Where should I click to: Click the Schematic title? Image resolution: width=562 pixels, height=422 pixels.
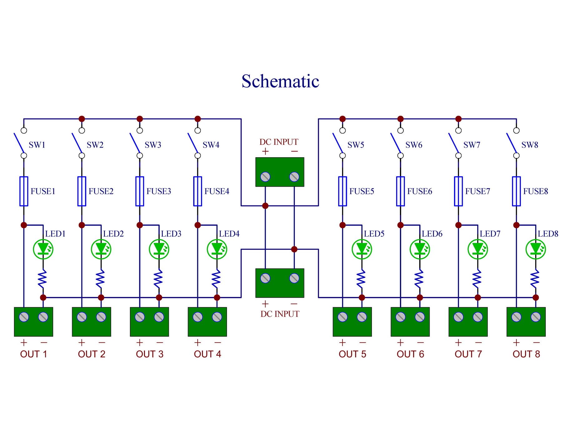pyautogui.click(x=280, y=81)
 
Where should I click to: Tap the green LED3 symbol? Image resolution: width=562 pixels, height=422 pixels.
pyautogui.click(x=159, y=249)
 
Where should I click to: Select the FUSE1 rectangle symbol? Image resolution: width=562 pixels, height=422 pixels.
pyautogui.click(x=24, y=191)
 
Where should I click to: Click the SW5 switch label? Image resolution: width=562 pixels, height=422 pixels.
pyautogui.click(x=356, y=145)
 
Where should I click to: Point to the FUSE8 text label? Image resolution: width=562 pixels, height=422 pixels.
pyautogui.click(x=535, y=191)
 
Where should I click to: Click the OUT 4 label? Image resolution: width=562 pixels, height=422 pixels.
pyautogui.click(x=207, y=354)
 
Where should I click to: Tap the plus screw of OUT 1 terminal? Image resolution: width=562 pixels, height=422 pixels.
pyautogui.click(x=24, y=317)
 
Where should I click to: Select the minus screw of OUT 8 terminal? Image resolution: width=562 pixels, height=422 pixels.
pyautogui.click(x=535, y=317)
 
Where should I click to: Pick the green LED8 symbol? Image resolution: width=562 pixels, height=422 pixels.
pyautogui.click(x=535, y=249)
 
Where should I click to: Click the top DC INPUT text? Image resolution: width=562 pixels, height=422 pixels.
pyautogui.click(x=279, y=142)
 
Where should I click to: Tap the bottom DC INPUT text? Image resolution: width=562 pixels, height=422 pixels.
pyautogui.click(x=280, y=314)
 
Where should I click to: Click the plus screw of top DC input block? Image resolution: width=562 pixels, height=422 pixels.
pyautogui.click(x=265, y=177)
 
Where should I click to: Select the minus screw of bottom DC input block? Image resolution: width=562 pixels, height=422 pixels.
pyautogui.click(x=294, y=278)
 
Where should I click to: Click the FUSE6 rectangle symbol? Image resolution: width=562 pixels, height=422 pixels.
pyautogui.click(x=400, y=191)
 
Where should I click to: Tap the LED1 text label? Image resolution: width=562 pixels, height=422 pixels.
pyautogui.click(x=55, y=234)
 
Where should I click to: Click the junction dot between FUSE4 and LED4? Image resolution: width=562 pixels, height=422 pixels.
pyautogui.click(x=198, y=225)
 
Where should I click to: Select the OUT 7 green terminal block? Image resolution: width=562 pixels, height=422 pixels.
pyautogui.click(x=468, y=322)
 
